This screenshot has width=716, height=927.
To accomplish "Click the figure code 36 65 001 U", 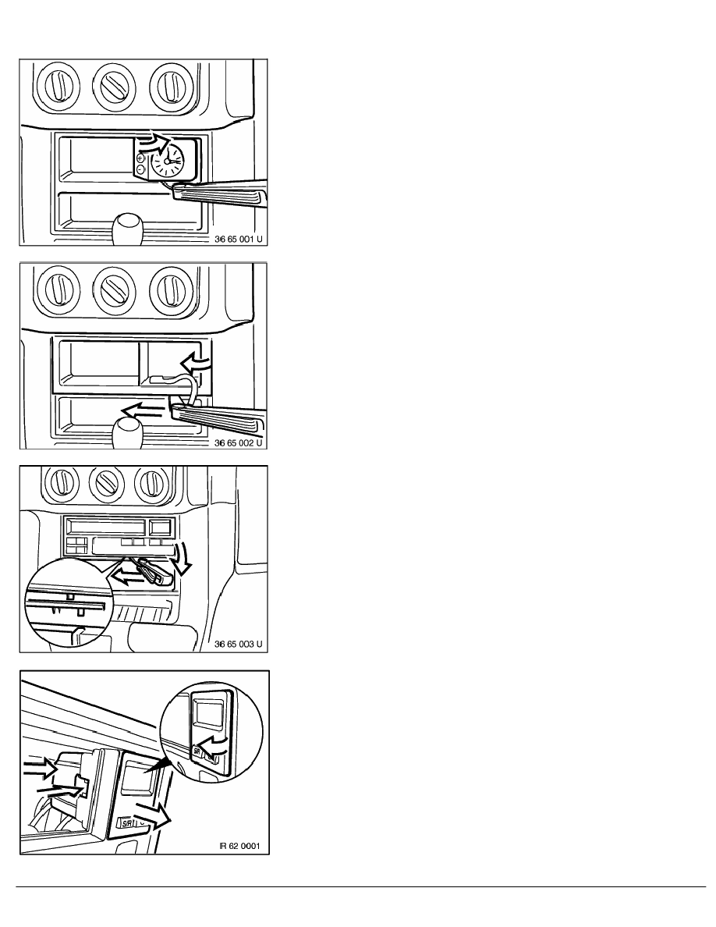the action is pyautogui.click(x=238, y=240).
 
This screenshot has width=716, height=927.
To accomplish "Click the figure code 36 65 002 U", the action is pyautogui.click(x=238, y=442).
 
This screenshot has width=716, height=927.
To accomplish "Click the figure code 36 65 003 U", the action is pyautogui.click(x=238, y=644).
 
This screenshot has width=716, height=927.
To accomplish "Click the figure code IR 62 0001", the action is pyautogui.click(x=239, y=845).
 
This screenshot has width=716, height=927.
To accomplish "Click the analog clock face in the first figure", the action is pyautogui.click(x=168, y=162).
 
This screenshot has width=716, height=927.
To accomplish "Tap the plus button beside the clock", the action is pyautogui.click(x=140, y=159).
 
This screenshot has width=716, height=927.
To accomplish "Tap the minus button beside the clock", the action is pyautogui.click(x=140, y=169).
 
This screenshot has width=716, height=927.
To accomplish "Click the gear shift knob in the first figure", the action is pyautogui.click(x=128, y=228).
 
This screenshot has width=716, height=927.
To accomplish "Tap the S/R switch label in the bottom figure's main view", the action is pyautogui.click(x=126, y=822).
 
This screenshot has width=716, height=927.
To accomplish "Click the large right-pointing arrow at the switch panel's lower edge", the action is pyautogui.click(x=154, y=819).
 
